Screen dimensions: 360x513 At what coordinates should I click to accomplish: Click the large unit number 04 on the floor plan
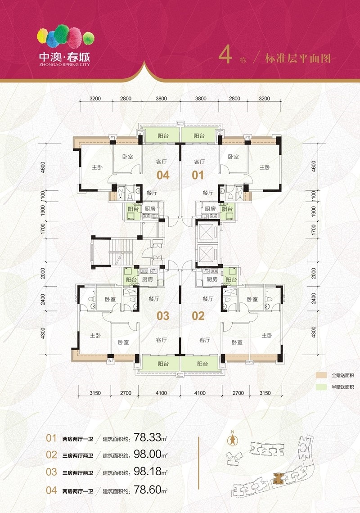tap(163, 175)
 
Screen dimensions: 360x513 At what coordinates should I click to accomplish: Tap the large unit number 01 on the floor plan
tap(198, 175)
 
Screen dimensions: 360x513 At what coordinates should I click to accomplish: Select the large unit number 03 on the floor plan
tap(163, 316)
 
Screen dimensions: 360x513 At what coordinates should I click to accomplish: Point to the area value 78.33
tap(148, 437)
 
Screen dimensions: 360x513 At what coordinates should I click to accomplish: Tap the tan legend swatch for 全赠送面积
tap(321, 375)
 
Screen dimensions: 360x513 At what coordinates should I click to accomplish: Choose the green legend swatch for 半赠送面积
tap(321, 387)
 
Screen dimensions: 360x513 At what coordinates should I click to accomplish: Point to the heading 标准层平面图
tap(298, 58)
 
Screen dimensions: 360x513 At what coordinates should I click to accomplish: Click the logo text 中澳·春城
tap(64, 57)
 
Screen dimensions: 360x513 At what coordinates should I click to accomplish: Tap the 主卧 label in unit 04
tap(97, 167)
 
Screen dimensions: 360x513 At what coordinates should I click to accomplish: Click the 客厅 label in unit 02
tap(205, 340)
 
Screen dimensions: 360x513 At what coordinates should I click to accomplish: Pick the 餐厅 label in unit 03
tap(154, 299)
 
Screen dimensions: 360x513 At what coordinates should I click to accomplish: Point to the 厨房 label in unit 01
tap(210, 208)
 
